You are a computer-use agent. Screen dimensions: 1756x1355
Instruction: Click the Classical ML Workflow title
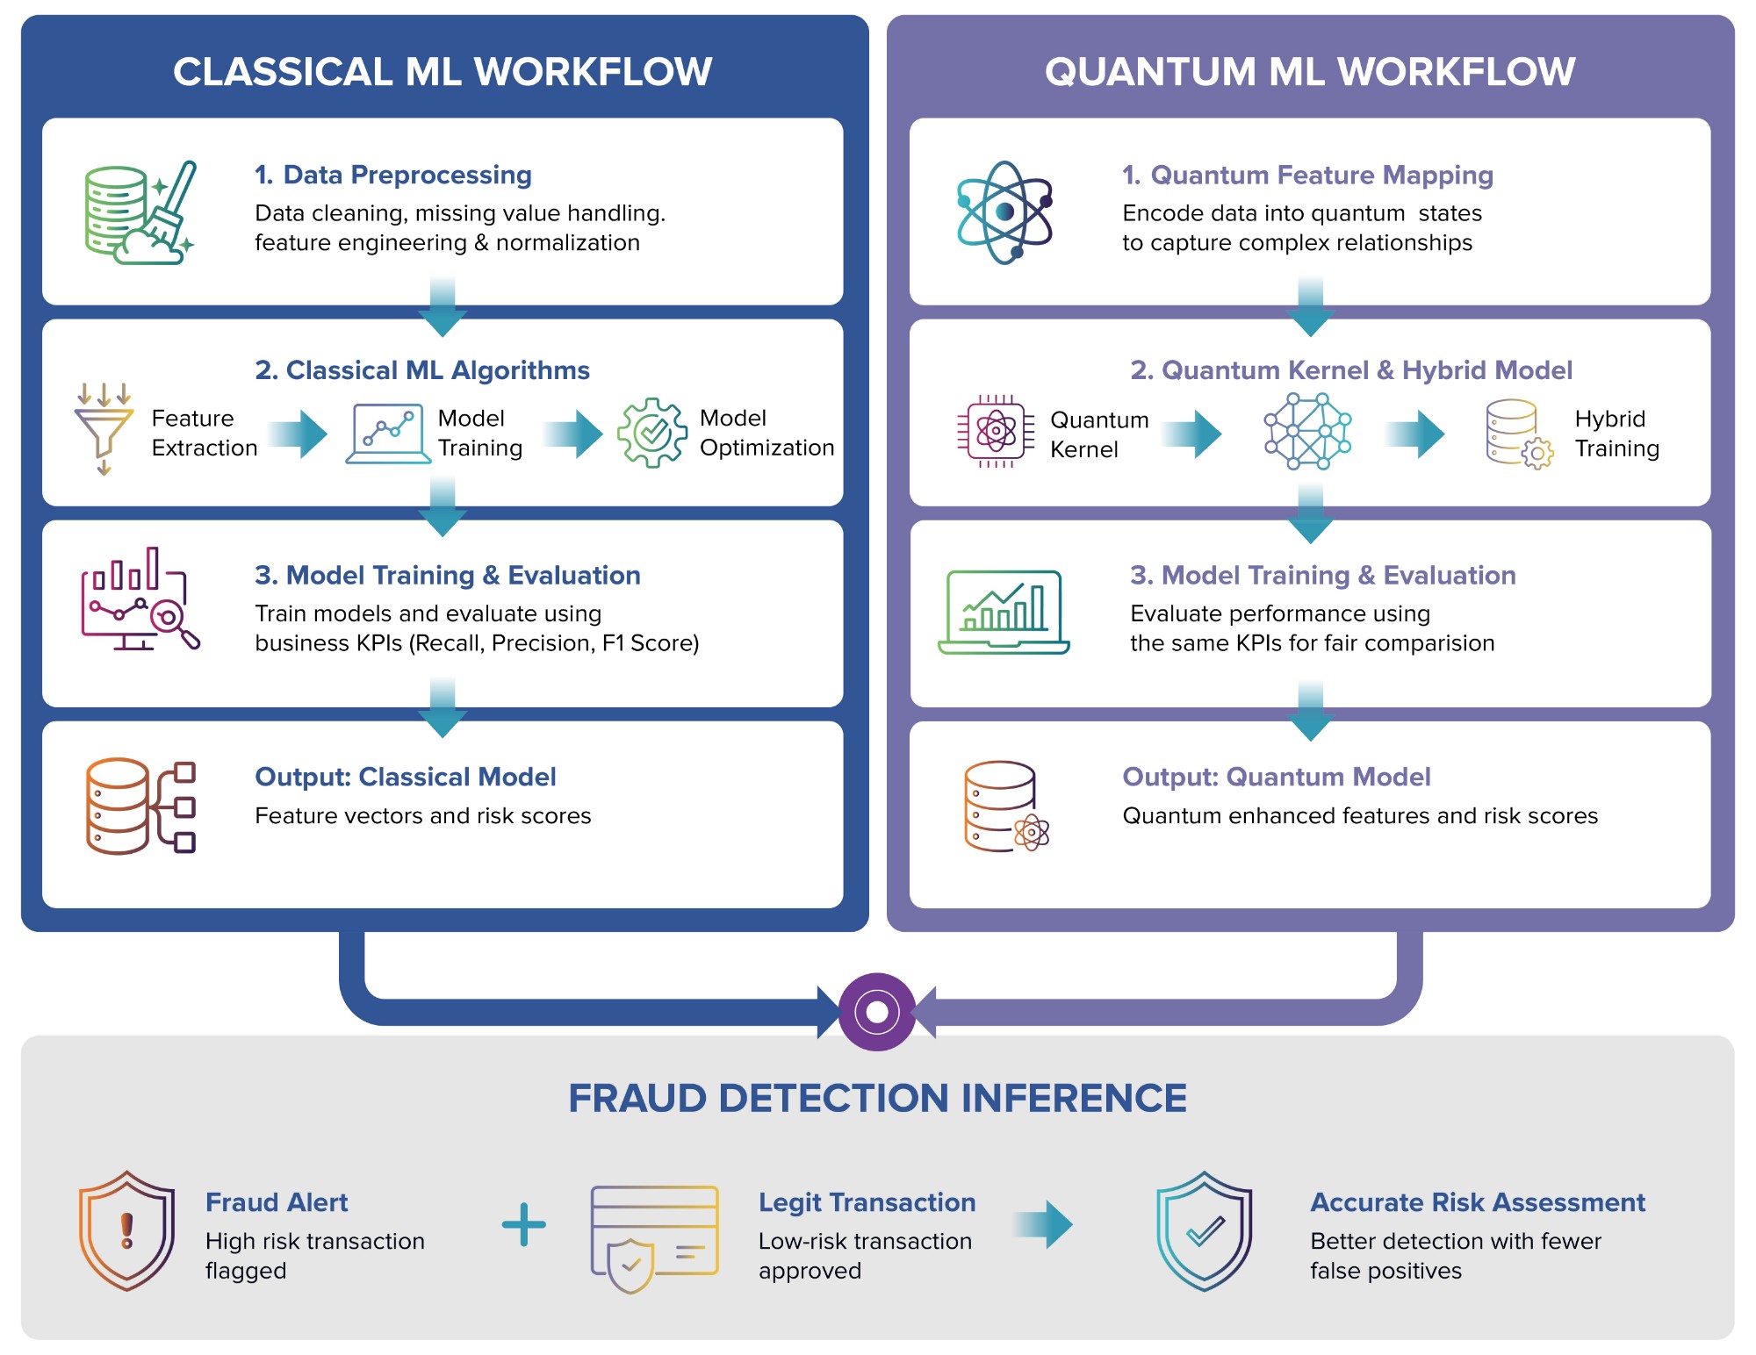443,72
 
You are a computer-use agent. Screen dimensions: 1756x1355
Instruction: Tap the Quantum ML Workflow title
1310,72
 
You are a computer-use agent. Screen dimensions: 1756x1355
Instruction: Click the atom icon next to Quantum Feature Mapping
1004,212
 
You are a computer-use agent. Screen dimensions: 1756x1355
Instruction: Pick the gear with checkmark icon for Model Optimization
652,432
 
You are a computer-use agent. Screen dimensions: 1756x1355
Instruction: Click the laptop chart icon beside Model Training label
388,434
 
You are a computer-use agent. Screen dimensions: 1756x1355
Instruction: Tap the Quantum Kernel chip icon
996,431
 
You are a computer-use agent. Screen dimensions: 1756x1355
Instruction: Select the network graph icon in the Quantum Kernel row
1307,431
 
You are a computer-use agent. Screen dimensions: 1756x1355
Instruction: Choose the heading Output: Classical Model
405,777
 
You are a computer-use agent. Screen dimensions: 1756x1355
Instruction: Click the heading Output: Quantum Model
1276,777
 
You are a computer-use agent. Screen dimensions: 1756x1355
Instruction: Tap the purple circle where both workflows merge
877,1012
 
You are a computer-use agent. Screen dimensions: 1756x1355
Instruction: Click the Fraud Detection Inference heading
877,1098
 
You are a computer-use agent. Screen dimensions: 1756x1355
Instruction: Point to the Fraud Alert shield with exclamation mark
127,1230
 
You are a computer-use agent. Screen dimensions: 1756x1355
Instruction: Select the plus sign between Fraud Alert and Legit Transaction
524,1224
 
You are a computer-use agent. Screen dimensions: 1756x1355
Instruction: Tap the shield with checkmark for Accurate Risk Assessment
1205,1230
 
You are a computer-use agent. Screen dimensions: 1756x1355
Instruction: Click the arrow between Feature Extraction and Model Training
298,434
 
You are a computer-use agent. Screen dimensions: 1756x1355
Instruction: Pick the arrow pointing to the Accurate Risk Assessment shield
1042,1224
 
